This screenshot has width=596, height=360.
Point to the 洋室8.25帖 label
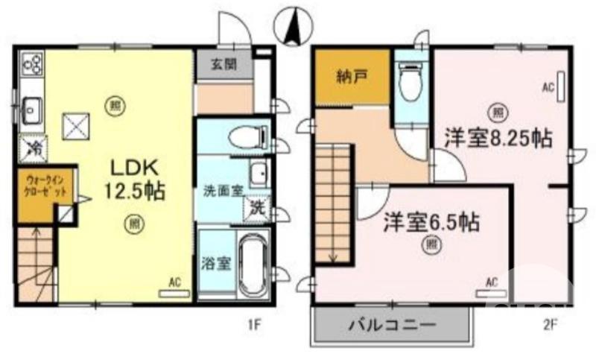[498, 139]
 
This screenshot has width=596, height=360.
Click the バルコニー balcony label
[392, 325]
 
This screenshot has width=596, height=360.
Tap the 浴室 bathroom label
[215, 263]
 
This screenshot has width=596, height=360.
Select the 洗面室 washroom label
[223, 189]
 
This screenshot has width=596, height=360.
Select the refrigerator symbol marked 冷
[33, 148]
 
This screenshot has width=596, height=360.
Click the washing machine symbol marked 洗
[256, 206]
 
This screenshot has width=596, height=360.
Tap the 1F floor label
[254, 325]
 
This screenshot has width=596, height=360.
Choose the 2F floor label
[548, 324]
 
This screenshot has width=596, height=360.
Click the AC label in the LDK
[175, 282]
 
